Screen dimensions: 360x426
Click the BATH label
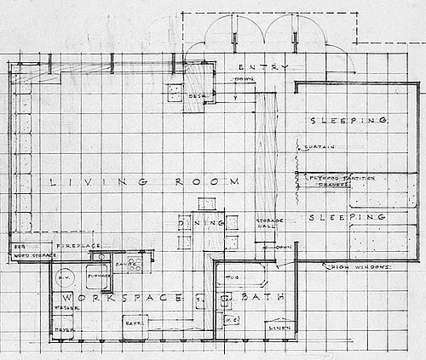(x=257, y=299)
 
